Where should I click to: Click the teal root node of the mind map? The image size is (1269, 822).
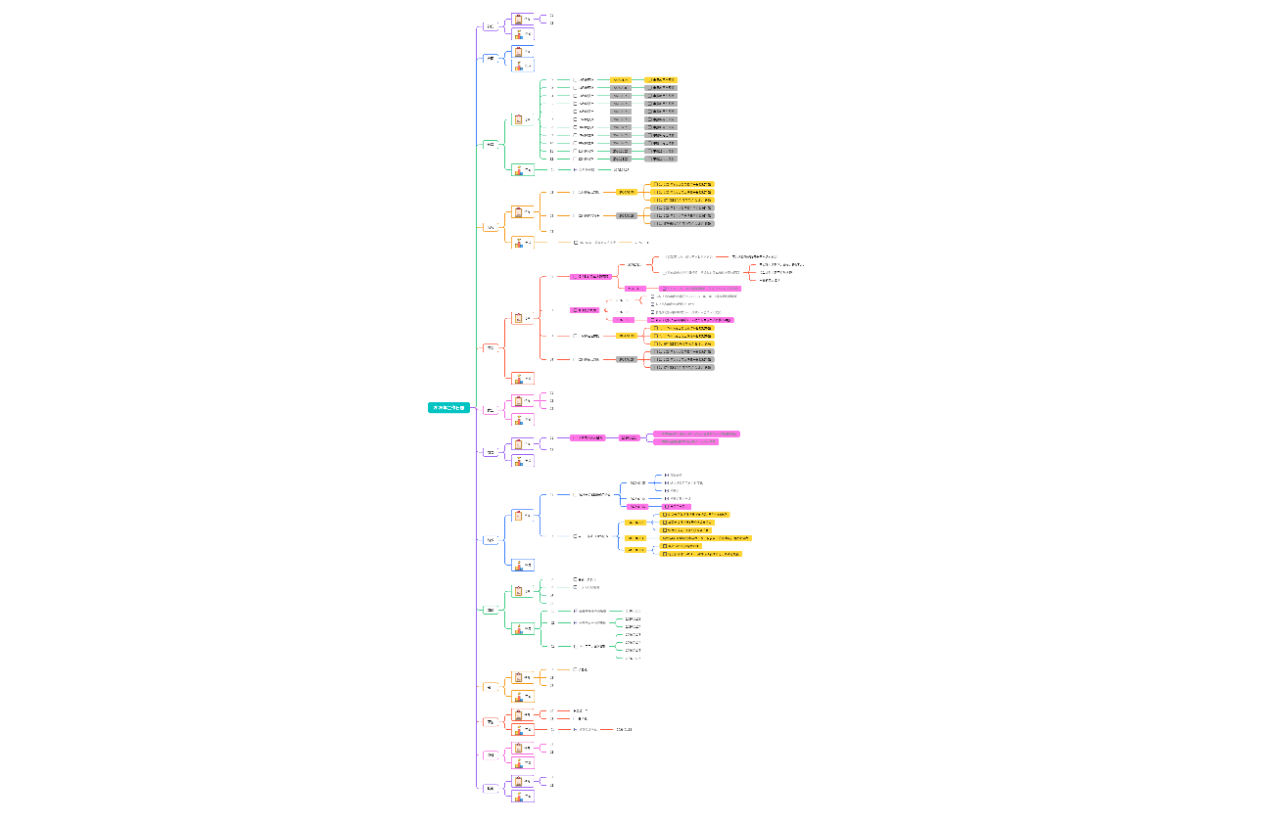coord(449,407)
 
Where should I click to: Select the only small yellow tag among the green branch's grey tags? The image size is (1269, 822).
coord(621,80)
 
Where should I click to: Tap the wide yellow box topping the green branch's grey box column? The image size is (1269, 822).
coord(661,80)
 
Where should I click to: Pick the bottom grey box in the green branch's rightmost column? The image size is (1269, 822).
coord(661,159)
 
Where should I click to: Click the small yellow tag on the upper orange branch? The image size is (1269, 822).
coord(626,192)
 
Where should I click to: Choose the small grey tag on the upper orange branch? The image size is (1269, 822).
coord(626,215)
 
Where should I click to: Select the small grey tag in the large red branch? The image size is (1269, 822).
coord(626,359)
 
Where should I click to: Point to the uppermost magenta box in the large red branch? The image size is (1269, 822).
coord(589,277)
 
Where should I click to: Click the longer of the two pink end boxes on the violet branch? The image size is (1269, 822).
coord(696,434)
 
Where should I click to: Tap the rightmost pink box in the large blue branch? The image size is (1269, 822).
coord(676,507)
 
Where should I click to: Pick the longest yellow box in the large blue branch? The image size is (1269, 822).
coord(706,538)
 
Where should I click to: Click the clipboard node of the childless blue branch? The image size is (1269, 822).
coord(523,51)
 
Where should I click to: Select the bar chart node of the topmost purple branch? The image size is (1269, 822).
coord(523,34)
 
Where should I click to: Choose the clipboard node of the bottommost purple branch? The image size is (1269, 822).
coord(523,782)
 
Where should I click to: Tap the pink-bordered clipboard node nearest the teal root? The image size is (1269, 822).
coord(523,400)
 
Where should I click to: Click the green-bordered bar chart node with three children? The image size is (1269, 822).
coord(523,628)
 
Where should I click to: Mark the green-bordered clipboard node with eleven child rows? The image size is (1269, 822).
coord(523,119)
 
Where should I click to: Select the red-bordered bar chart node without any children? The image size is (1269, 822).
coord(523,378)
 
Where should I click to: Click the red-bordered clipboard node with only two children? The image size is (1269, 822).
coord(523,714)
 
